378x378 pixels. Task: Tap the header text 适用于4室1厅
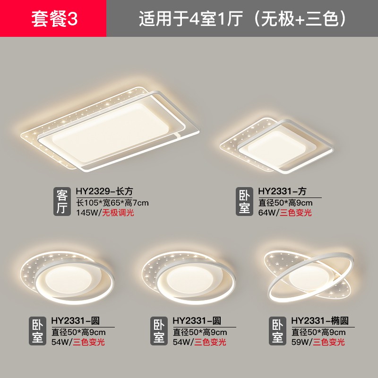point(191,19)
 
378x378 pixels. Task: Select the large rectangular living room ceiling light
point(111,129)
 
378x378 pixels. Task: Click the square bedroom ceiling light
point(277,146)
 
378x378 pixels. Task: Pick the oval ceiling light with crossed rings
point(310,276)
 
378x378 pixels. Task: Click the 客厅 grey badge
point(62,201)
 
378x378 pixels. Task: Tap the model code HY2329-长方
point(104,191)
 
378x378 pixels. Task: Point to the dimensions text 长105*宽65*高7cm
point(112,203)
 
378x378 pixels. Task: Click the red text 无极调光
point(118,213)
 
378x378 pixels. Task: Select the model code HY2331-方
point(282,191)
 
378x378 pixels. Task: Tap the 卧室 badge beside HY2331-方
point(244,201)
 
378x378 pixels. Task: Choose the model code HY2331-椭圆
point(320,321)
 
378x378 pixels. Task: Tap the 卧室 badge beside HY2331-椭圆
point(277,331)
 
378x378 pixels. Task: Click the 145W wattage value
point(87,213)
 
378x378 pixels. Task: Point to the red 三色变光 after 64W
point(296,213)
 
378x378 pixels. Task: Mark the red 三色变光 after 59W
point(329,342)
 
